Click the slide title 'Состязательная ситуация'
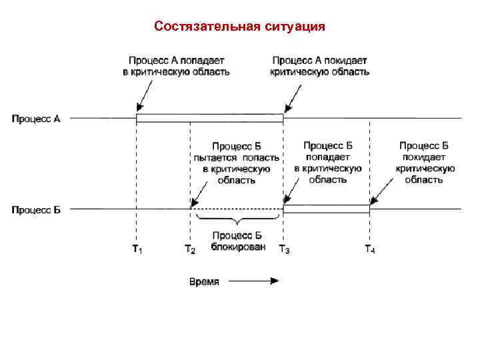(x=239, y=27)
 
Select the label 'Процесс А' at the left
(x=36, y=119)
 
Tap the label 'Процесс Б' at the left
(x=36, y=210)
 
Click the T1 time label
(x=137, y=250)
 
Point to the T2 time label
(x=190, y=250)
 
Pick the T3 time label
(x=284, y=250)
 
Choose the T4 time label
(x=369, y=250)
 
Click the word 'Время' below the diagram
(x=204, y=282)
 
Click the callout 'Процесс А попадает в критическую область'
(x=176, y=66)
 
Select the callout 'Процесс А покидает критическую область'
(x=320, y=66)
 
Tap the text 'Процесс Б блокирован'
(x=238, y=241)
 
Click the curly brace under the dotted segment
(x=237, y=221)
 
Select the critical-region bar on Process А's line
(x=210, y=118)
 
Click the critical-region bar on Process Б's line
(x=327, y=209)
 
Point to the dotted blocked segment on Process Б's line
(x=237, y=209)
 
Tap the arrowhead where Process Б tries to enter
(x=193, y=206)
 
